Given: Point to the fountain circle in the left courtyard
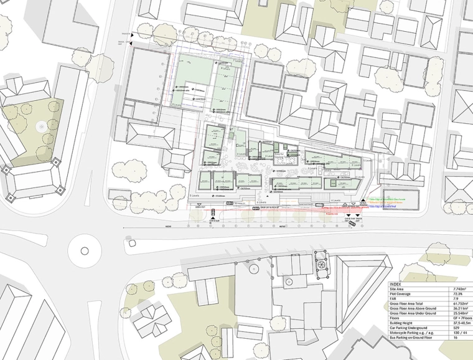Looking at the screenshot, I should click(42, 126).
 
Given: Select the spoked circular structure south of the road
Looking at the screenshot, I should click(321, 264).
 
